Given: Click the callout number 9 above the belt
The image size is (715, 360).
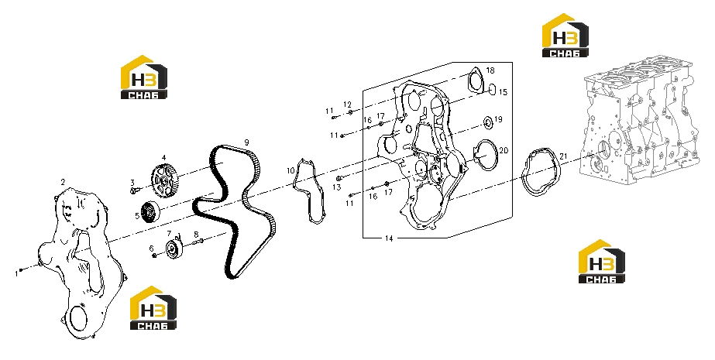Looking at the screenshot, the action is point(246,142).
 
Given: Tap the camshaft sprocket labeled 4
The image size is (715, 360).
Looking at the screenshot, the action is point(164,180).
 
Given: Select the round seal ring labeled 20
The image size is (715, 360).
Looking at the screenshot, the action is point(484,155).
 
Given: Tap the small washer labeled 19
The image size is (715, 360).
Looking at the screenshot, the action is point(488,122).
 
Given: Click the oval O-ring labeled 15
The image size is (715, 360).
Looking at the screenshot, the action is point(492,89).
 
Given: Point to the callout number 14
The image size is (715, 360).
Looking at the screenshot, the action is point(389,238).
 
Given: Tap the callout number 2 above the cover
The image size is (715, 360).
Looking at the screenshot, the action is point(63,182).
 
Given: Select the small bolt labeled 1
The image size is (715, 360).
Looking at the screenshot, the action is point(21,270).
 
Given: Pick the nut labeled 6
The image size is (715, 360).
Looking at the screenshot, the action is point(155,255).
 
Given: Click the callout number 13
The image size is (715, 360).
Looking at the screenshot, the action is point(336,187).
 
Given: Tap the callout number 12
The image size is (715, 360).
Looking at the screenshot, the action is point(348,105).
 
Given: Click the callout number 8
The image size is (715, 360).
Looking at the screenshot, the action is point(196,235).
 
